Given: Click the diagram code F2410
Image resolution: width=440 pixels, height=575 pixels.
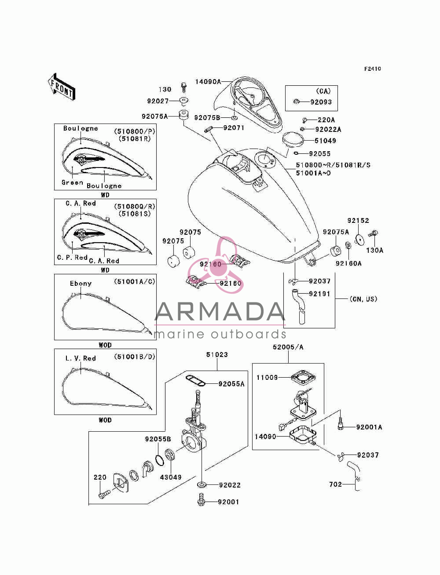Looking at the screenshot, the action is coord(372,69).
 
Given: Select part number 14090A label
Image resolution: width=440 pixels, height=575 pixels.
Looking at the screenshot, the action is coord(208,82).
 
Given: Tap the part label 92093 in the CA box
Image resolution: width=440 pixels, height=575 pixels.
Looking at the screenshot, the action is coord(321,102).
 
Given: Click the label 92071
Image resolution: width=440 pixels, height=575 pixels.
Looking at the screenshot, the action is coord(234,128).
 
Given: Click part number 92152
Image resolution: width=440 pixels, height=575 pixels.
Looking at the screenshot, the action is coord(358,221).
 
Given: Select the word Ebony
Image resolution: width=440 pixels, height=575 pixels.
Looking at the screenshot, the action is coord(81,284).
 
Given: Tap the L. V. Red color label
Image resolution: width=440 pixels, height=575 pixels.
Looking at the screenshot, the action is coord(81,358).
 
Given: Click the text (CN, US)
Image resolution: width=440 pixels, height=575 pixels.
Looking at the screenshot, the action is coord(363,299).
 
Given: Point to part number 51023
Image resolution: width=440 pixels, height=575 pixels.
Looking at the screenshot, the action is coord(217,355).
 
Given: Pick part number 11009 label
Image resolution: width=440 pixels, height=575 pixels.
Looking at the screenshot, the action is coord(267,378).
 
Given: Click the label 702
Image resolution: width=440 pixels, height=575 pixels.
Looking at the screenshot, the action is coord(336,484).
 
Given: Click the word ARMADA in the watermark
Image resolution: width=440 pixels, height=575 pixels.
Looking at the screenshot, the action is coord(220,311).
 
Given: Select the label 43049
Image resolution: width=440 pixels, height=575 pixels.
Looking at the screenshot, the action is coord(171,477).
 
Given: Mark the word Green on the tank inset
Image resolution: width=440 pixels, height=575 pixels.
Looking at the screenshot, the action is coord(72,182).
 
